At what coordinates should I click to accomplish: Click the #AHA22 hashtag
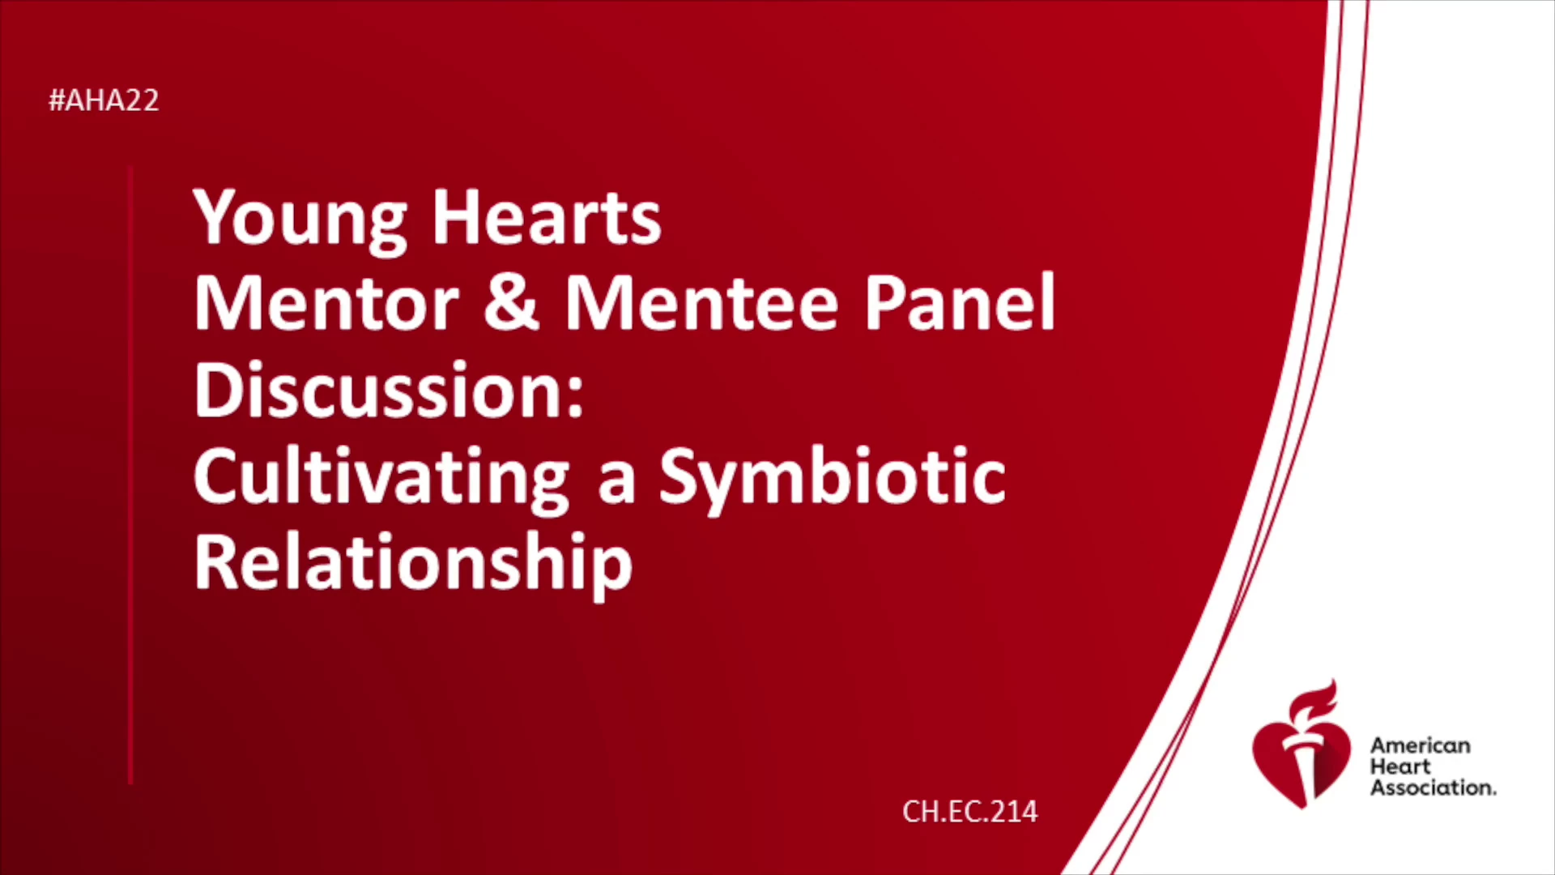(104, 100)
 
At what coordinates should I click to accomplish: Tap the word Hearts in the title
(547, 217)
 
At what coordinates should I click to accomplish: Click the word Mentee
(701, 303)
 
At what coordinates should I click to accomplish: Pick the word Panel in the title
(960, 301)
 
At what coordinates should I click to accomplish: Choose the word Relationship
(413, 565)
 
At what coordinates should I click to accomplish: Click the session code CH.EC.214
(969, 812)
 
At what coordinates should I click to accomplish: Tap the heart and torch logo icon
(1302, 745)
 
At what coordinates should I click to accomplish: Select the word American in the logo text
(1420, 745)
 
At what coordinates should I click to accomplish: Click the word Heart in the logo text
(1400, 766)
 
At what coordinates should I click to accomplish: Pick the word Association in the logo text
(1433, 787)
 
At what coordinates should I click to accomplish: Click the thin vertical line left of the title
(130, 476)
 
